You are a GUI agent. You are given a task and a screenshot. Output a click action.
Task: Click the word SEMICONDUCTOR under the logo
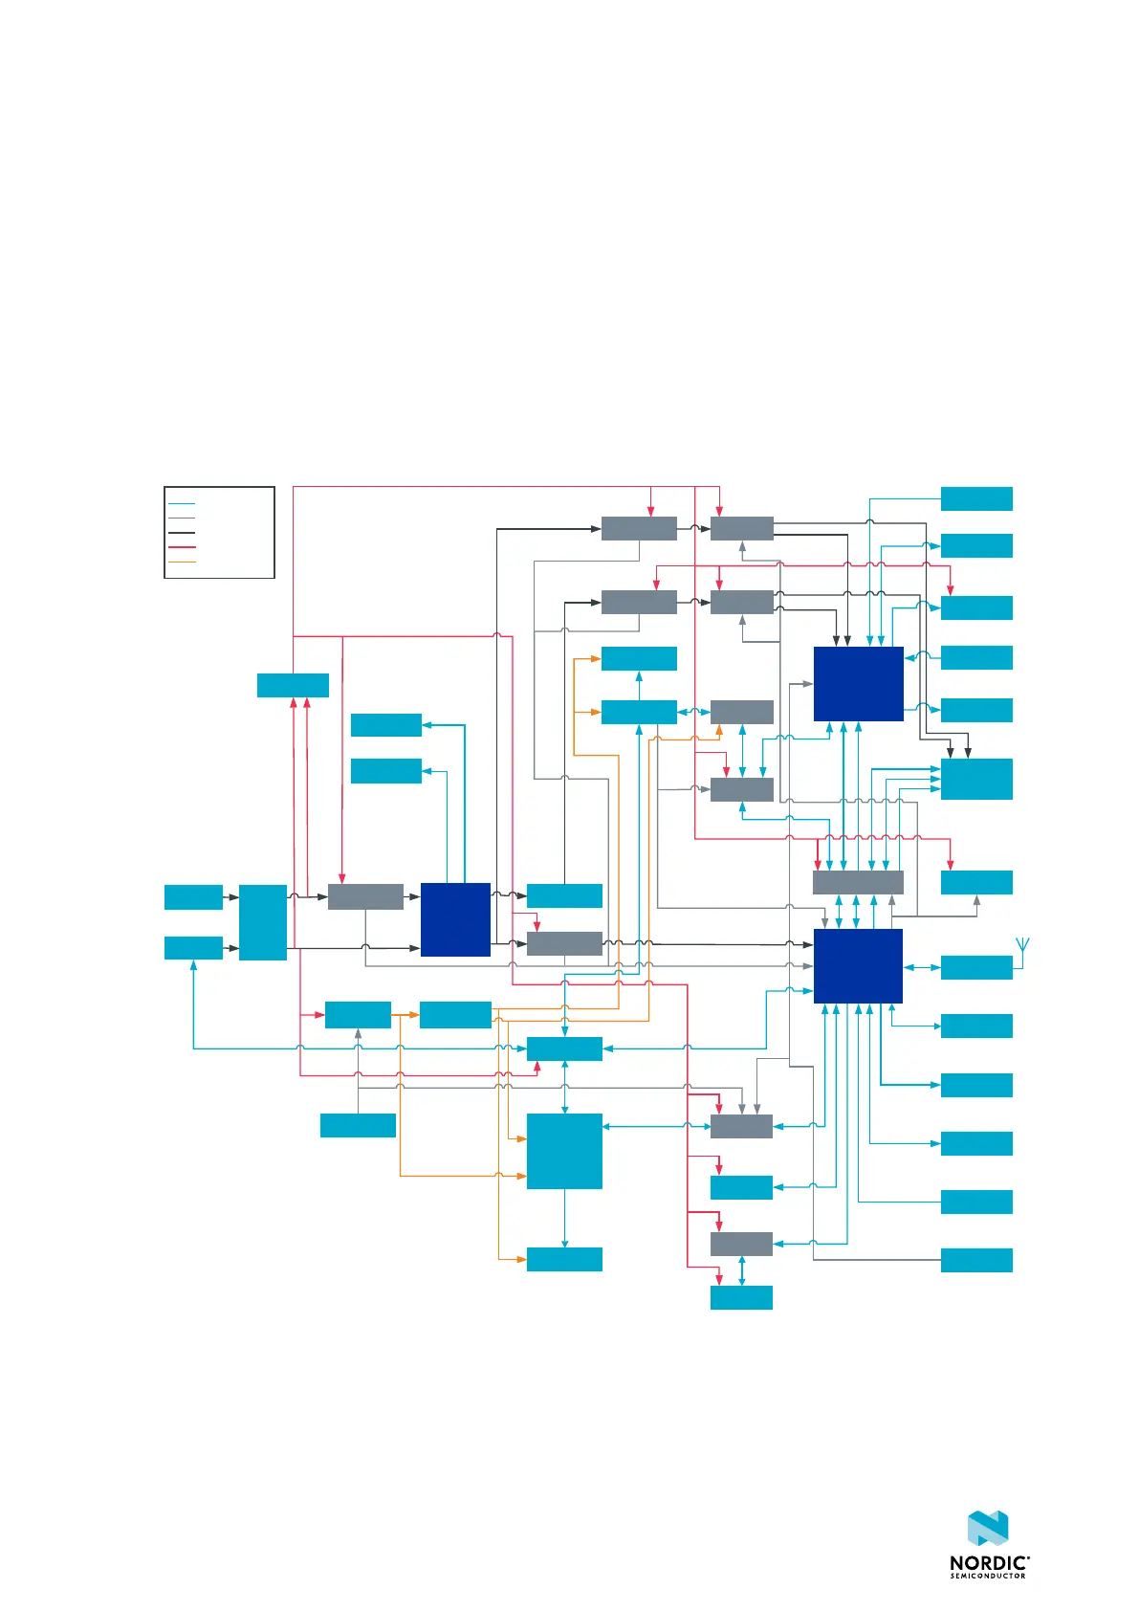pyautogui.click(x=987, y=1577)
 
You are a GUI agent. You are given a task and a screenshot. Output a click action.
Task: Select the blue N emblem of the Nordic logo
pyautogui.click(x=988, y=1529)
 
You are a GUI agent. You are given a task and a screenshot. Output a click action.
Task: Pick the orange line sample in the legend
pyautogui.click(x=182, y=562)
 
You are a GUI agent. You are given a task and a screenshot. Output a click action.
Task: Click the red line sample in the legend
pyautogui.click(x=182, y=547)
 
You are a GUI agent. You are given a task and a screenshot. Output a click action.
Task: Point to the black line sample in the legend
pyautogui.click(x=182, y=533)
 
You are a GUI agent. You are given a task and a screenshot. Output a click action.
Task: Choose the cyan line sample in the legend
pyautogui.click(x=182, y=503)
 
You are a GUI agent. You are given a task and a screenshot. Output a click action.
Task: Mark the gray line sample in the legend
pyautogui.click(x=182, y=518)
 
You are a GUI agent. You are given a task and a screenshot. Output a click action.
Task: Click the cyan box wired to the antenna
pyautogui.click(x=976, y=967)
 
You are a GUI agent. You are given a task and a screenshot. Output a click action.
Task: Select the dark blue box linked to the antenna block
pyautogui.click(x=858, y=966)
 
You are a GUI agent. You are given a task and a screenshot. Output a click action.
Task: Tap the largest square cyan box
pyautogui.click(x=564, y=1151)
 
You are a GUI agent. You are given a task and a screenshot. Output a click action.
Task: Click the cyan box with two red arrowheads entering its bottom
pyautogui.click(x=293, y=685)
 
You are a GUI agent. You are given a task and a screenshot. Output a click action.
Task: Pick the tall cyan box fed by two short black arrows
pyautogui.click(x=263, y=922)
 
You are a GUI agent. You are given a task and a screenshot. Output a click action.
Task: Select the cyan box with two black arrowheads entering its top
pyautogui.click(x=976, y=779)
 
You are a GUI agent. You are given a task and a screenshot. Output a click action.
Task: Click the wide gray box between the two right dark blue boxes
pyautogui.click(x=858, y=882)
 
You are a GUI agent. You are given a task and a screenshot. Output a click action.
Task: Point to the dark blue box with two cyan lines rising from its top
pyautogui.click(x=455, y=919)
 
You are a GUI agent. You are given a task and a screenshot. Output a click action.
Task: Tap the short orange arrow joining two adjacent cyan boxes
pyautogui.click(x=405, y=1014)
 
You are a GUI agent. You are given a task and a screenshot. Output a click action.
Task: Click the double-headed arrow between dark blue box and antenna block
pyautogui.click(x=922, y=967)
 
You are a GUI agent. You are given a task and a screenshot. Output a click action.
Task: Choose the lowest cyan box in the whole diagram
pyautogui.click(x=741, y=1297)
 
